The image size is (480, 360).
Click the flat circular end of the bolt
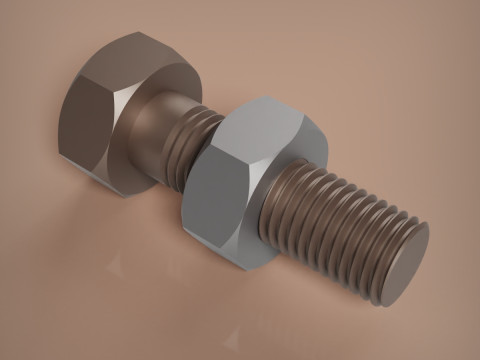coord(406,264)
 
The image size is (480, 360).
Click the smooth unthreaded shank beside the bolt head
coord(160,125)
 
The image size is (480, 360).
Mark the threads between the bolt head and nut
coord(190,140)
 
